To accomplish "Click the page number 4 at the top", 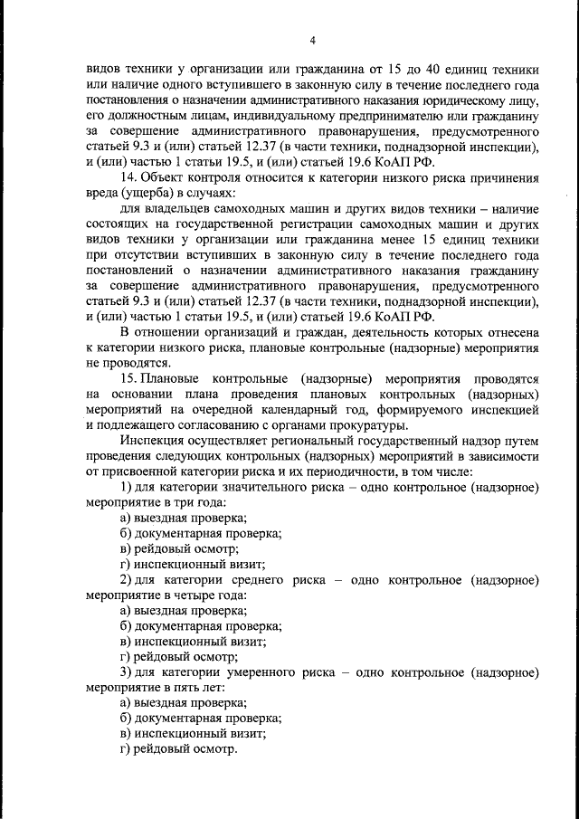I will [x=312, y=40].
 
